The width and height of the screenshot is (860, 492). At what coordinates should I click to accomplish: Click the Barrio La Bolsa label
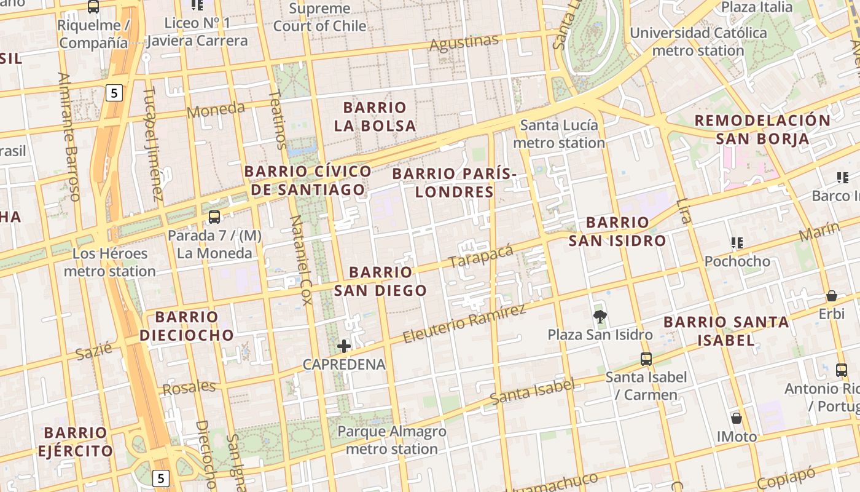point(375,116)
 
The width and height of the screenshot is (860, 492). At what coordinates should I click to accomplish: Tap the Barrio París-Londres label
point(454,183)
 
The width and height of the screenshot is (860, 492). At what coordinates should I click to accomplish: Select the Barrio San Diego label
point(380,281)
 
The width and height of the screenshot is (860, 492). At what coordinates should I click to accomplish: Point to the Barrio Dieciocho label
point(187,326)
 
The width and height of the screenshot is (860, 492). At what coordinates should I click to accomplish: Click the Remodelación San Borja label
point(762,129)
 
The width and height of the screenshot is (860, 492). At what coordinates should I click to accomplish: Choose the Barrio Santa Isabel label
point(726,330)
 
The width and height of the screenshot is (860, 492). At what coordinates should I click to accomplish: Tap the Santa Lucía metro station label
point(559,134)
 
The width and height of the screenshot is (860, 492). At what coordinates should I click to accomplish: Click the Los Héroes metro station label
point(110,262)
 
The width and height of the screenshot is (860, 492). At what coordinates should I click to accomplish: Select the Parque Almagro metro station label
point(392,440)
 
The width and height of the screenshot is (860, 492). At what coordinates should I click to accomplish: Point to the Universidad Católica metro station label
point(698,41)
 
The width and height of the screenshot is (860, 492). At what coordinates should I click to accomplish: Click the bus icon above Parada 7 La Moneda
point(214,216)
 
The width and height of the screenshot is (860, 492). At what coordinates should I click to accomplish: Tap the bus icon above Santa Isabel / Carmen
point(646,359)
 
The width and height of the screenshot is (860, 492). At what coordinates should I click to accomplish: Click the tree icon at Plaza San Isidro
point(600,317)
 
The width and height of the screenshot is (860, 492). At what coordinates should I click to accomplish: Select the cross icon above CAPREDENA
point(344,346)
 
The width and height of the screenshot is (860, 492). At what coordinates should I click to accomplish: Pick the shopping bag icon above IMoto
point(737,419)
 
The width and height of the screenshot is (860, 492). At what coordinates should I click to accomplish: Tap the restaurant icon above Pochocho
point(737,243)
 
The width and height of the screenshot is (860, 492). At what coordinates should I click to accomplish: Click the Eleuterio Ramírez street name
point(464,323)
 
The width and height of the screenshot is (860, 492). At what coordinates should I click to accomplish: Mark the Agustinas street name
point(464,43)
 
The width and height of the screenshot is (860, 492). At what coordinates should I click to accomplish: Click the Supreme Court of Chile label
point(319,17)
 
